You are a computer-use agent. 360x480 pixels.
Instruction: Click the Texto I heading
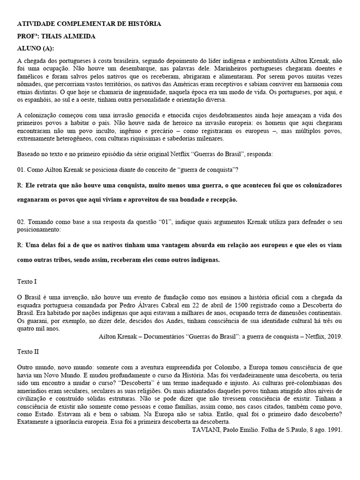27,282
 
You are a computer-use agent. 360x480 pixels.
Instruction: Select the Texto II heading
28,350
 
